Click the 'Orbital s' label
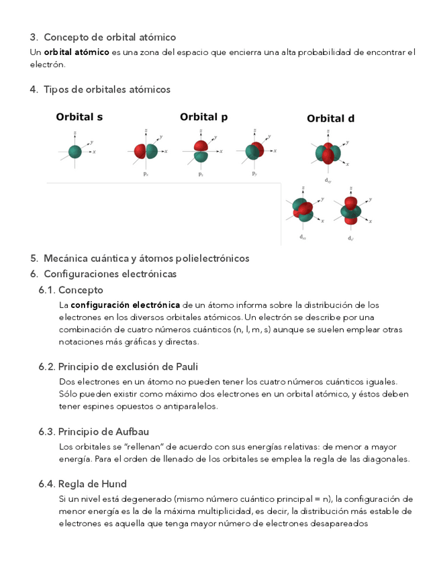79,117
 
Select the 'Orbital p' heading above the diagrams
203,117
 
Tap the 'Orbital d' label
330,119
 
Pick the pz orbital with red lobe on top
201,151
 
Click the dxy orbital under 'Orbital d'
328,154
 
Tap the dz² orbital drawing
350,210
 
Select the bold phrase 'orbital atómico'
77,52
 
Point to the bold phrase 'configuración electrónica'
126,305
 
